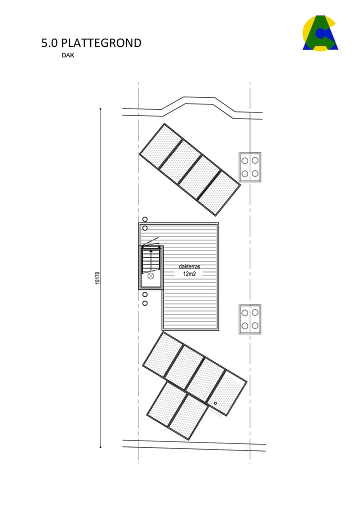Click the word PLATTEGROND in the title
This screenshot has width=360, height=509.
click(x=101, y=43)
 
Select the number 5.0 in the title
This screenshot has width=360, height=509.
click(x=49, y=43)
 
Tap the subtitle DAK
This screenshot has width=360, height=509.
click(x=67, y=55)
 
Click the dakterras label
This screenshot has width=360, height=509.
click(x=189, y=266)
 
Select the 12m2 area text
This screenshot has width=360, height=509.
click(x=189, y=274)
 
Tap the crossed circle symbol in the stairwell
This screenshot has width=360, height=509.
click(x=150, y=275)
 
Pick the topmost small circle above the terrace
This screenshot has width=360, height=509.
click(x=145, y=219)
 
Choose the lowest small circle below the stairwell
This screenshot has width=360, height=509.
click(x=145, y=303)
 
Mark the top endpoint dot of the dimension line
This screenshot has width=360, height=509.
click(x=100, y=108)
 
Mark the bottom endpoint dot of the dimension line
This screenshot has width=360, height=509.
click(x=100, y=447)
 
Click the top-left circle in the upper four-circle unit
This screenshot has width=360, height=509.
click(x=245, y=160)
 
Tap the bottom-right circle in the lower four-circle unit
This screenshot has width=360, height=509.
click(x=255, y=325)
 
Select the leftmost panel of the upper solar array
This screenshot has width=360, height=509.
click(x=160, y=146)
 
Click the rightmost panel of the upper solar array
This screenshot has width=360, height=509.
click(x=219, y=186)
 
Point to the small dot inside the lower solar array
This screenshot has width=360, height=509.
click(x=215, y=403)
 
